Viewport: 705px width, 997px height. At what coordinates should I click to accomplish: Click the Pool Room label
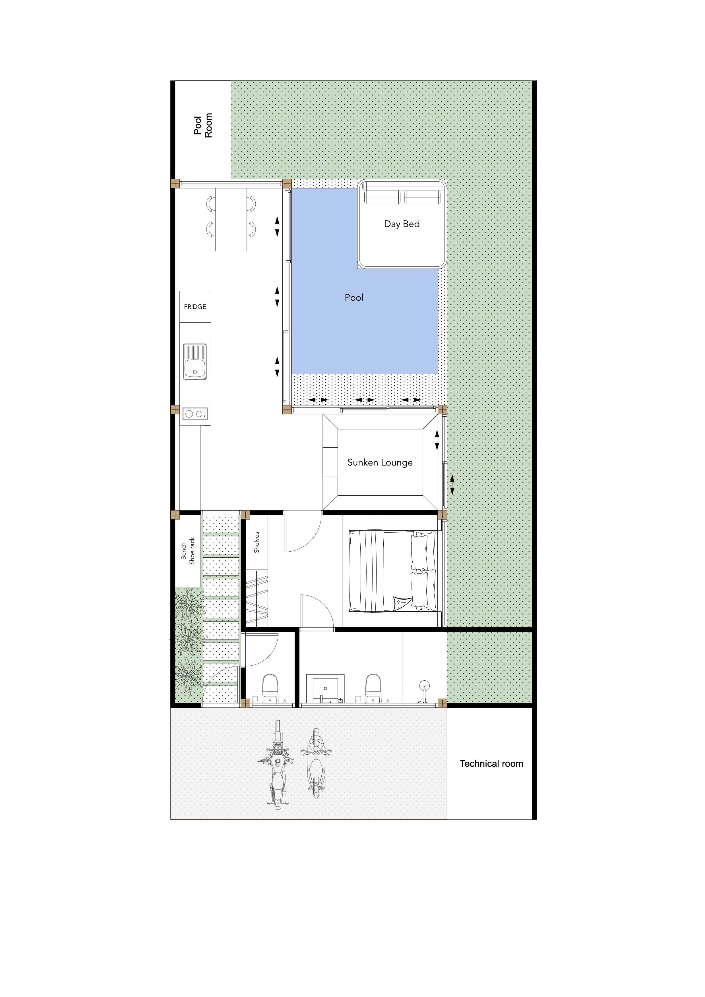[x=203, y=126]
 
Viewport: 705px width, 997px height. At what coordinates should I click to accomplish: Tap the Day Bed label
[x=402, y=224]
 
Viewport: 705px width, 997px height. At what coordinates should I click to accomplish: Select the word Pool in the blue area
[x=354, y=298]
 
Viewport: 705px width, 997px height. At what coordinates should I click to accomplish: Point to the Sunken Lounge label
[x=380, y=462]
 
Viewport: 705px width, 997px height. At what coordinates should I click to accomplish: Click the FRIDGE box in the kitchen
[x=195, y=307]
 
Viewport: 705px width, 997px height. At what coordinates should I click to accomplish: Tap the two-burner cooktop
[x=195, y=414]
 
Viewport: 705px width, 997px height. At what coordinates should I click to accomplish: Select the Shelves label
[x=256, y=542]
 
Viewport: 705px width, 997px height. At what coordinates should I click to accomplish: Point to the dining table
[x=231, y=219]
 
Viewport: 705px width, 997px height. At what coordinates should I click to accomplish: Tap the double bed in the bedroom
[x=392, y=571]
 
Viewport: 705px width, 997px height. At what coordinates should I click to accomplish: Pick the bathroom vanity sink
[x=325, y=689]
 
